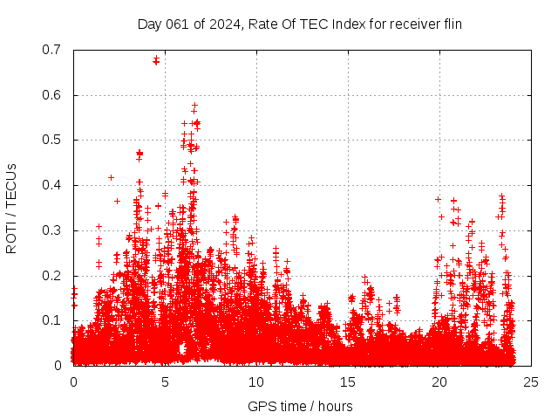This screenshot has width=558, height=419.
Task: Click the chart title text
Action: [299, 24]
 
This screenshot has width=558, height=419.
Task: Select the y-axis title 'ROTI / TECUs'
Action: [11, 208]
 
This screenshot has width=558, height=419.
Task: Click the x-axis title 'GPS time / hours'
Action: [300, 406]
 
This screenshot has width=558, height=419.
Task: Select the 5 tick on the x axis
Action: [165, 381]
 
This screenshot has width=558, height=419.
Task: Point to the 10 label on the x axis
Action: [256, 381]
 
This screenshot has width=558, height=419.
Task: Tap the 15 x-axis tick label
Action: [348, 381]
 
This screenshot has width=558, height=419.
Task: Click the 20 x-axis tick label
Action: [439, 381]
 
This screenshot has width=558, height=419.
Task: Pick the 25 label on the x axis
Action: [531, 381]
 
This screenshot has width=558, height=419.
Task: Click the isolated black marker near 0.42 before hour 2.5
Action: [111, 177]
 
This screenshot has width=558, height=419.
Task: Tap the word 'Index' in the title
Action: [335, 24]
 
